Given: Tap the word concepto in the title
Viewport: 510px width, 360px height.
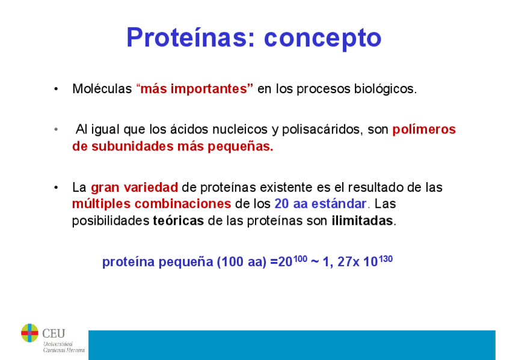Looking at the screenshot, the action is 322,38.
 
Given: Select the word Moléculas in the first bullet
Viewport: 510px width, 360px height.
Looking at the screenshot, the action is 102,89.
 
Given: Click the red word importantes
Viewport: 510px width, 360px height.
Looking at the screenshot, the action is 209,89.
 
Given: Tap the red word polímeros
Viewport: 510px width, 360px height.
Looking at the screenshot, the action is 424,130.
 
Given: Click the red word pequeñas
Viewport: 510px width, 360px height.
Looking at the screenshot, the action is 241,147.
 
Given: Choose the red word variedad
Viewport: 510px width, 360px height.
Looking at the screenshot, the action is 150,188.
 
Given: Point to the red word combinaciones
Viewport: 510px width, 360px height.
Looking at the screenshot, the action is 183,204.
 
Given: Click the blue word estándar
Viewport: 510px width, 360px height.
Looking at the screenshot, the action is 339,204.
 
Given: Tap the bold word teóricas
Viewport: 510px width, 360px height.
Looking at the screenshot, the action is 178,221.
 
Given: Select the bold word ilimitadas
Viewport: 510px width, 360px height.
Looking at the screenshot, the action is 362,221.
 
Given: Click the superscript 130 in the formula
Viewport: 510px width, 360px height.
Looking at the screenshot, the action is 386,259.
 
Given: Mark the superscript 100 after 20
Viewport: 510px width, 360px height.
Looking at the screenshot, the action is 300,259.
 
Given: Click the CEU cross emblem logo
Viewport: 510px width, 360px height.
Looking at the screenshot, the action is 29,333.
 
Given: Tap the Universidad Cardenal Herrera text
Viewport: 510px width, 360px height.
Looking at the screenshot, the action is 64,347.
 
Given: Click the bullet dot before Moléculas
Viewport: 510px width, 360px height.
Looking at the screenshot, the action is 57,89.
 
